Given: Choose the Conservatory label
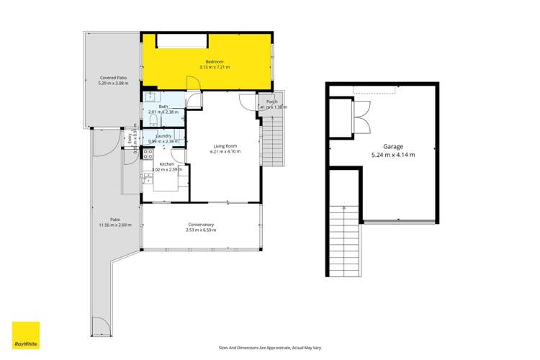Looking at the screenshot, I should pyautogui.click(x=200, y=224).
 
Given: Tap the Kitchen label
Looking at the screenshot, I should pyautogui.click(x=167, y=165).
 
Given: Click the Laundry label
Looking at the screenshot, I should pyautogui.click(x=162, y=135).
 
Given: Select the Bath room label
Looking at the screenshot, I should pyautogui.click(x=163, y=107).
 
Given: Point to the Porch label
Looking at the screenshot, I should pyautogui.click(x=271, y=102).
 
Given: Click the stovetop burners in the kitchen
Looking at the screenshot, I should pyautogui.click(x=148, y=156).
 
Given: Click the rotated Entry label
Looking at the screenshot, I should pyautogui.click(x=131, y=141).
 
